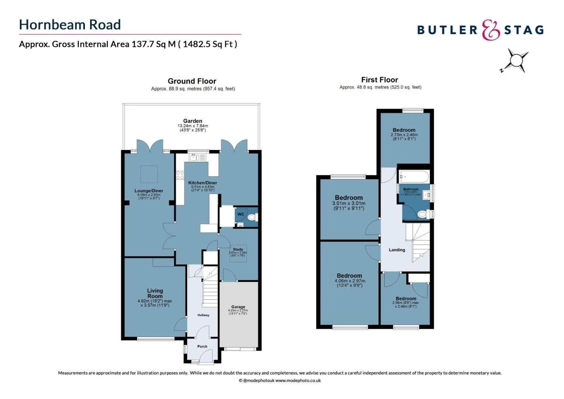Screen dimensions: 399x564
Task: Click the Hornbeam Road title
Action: pos(70,25)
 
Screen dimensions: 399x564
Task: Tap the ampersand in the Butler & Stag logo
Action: pos(491,30)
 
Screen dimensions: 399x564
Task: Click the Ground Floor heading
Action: pos(192,81)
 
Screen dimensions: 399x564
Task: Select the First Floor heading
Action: pos(379,80)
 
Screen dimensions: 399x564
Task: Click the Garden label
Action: pos(193,121)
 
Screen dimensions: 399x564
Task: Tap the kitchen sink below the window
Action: pos(198,158)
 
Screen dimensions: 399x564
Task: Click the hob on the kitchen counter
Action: pos(180,175)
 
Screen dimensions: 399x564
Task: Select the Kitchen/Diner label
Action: pos(203,183)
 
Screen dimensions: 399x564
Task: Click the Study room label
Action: pos(238,249)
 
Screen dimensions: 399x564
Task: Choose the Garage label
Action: pos(238,307)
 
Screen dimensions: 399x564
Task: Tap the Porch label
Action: pos(202,347)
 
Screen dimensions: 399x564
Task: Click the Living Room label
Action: pos(155,293)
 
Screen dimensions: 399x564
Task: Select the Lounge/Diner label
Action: pos(149,191)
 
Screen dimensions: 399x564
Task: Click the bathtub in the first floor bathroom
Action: pos(414,177)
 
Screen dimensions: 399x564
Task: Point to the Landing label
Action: pos(397,250)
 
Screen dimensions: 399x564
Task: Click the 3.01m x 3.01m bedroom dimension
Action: pos(349,204)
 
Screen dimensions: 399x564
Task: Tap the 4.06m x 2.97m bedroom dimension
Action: pos(349,281)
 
